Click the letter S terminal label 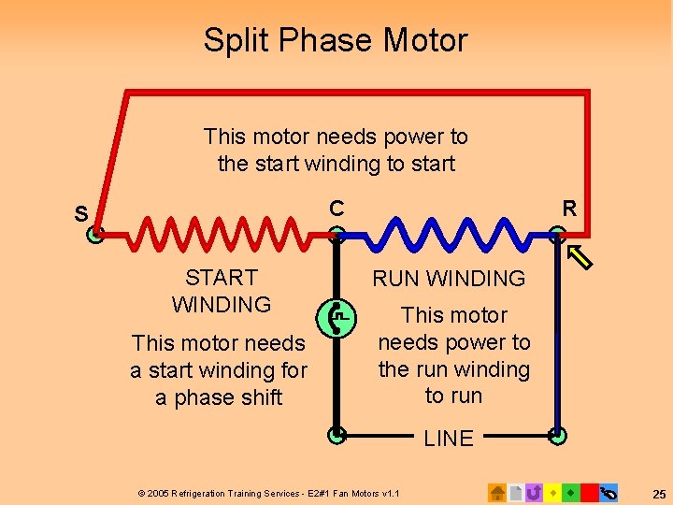point(81,214)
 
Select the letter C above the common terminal point(336,208)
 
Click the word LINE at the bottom point(449,439)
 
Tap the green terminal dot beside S point(94,236)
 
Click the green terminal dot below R point(557,236)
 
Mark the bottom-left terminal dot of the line point(336,434)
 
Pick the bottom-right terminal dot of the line point(557,434)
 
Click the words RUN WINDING point(449,278)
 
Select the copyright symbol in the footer point(141,493)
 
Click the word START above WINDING point(222,278)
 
